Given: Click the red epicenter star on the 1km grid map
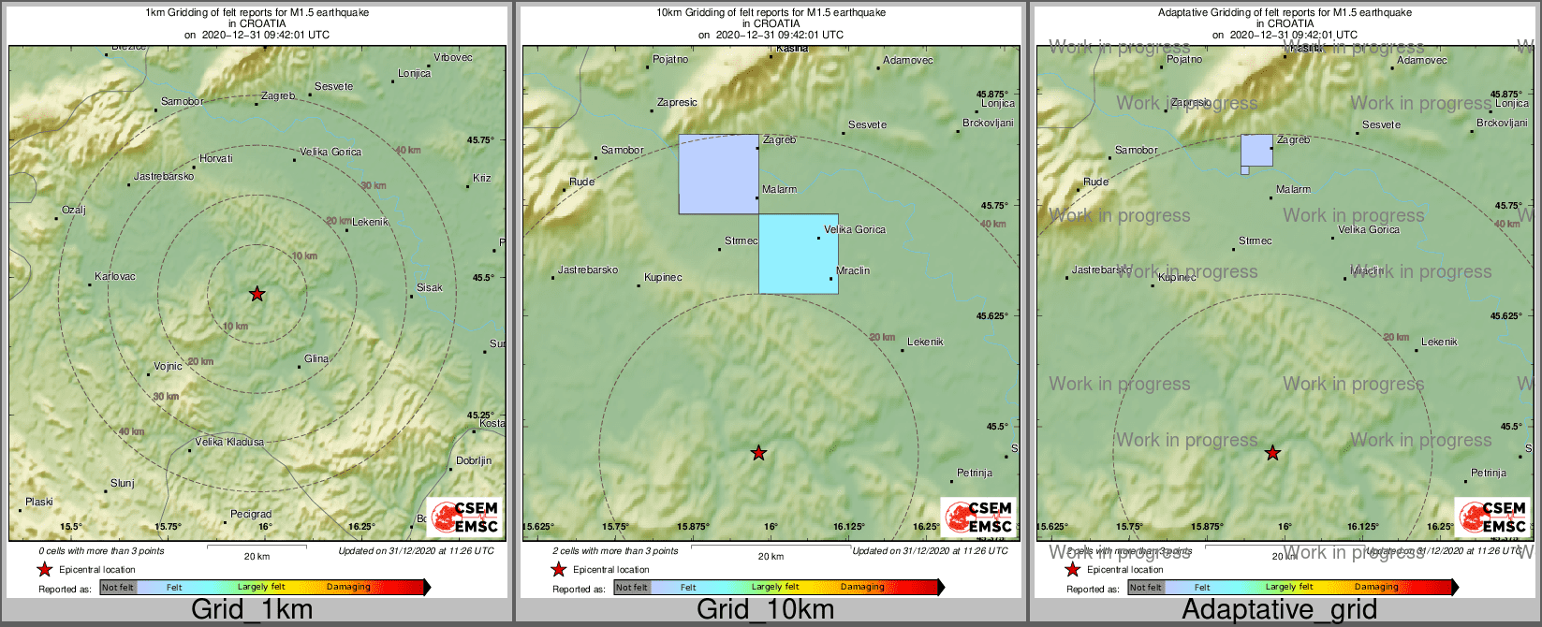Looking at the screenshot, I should (257, 294).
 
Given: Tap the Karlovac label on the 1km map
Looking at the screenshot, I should (115, 277).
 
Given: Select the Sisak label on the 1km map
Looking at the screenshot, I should (430, 288).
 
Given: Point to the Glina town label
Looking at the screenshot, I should (316, 359).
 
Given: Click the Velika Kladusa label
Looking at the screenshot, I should (229, 442).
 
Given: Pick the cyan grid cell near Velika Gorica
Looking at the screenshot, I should (798, 255).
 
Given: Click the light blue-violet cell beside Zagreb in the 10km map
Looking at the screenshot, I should (718, 174).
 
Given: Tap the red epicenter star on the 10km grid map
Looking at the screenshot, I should (759, 453).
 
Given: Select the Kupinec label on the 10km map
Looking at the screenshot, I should (663, 278).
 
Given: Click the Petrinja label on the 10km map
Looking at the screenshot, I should (975, 474).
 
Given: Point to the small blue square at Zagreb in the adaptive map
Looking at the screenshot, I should (1256, 150).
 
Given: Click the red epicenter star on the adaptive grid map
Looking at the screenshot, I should (1273, 453).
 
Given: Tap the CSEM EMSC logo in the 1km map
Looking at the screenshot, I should (464, 518).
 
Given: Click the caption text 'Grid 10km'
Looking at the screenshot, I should (765, 610).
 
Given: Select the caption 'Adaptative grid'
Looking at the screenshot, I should (1279, 610).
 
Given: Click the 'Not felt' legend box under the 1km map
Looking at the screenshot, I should (118, 588).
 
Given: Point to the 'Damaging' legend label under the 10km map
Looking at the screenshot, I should (861, 588).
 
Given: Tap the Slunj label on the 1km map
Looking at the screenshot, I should (123, 484).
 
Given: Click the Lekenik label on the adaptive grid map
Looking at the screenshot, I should (1439, 343).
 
